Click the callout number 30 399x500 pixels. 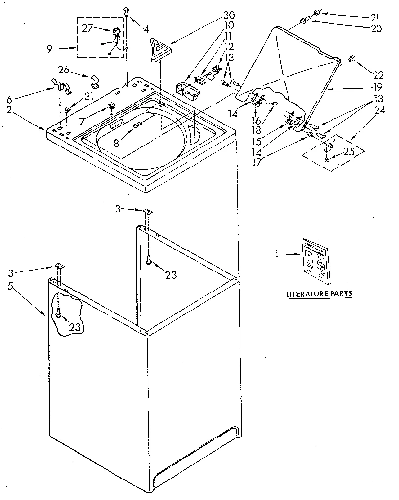coord(215,15)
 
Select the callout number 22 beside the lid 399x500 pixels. coord(377,75)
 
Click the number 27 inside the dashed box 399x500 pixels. coord(87,28)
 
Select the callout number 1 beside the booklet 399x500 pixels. coord(277,253)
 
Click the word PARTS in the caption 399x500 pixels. coord(341,294)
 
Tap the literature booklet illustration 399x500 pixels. coord(316,260)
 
